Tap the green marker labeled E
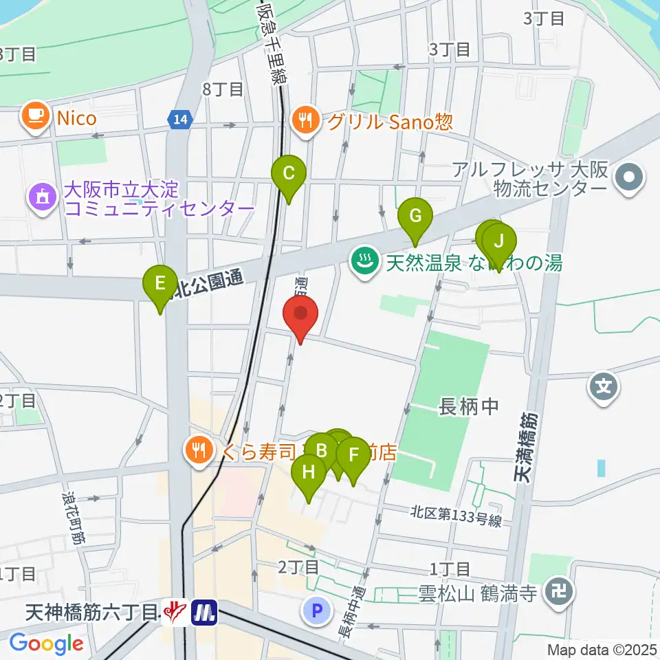tap(160, 284)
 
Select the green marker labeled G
tap(415, 217)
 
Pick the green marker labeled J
tap(499, 242)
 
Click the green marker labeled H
tap(309, 473)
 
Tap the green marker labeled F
tap(353, 456)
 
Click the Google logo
tap(46, 644)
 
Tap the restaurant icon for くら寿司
tap(200, 451)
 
